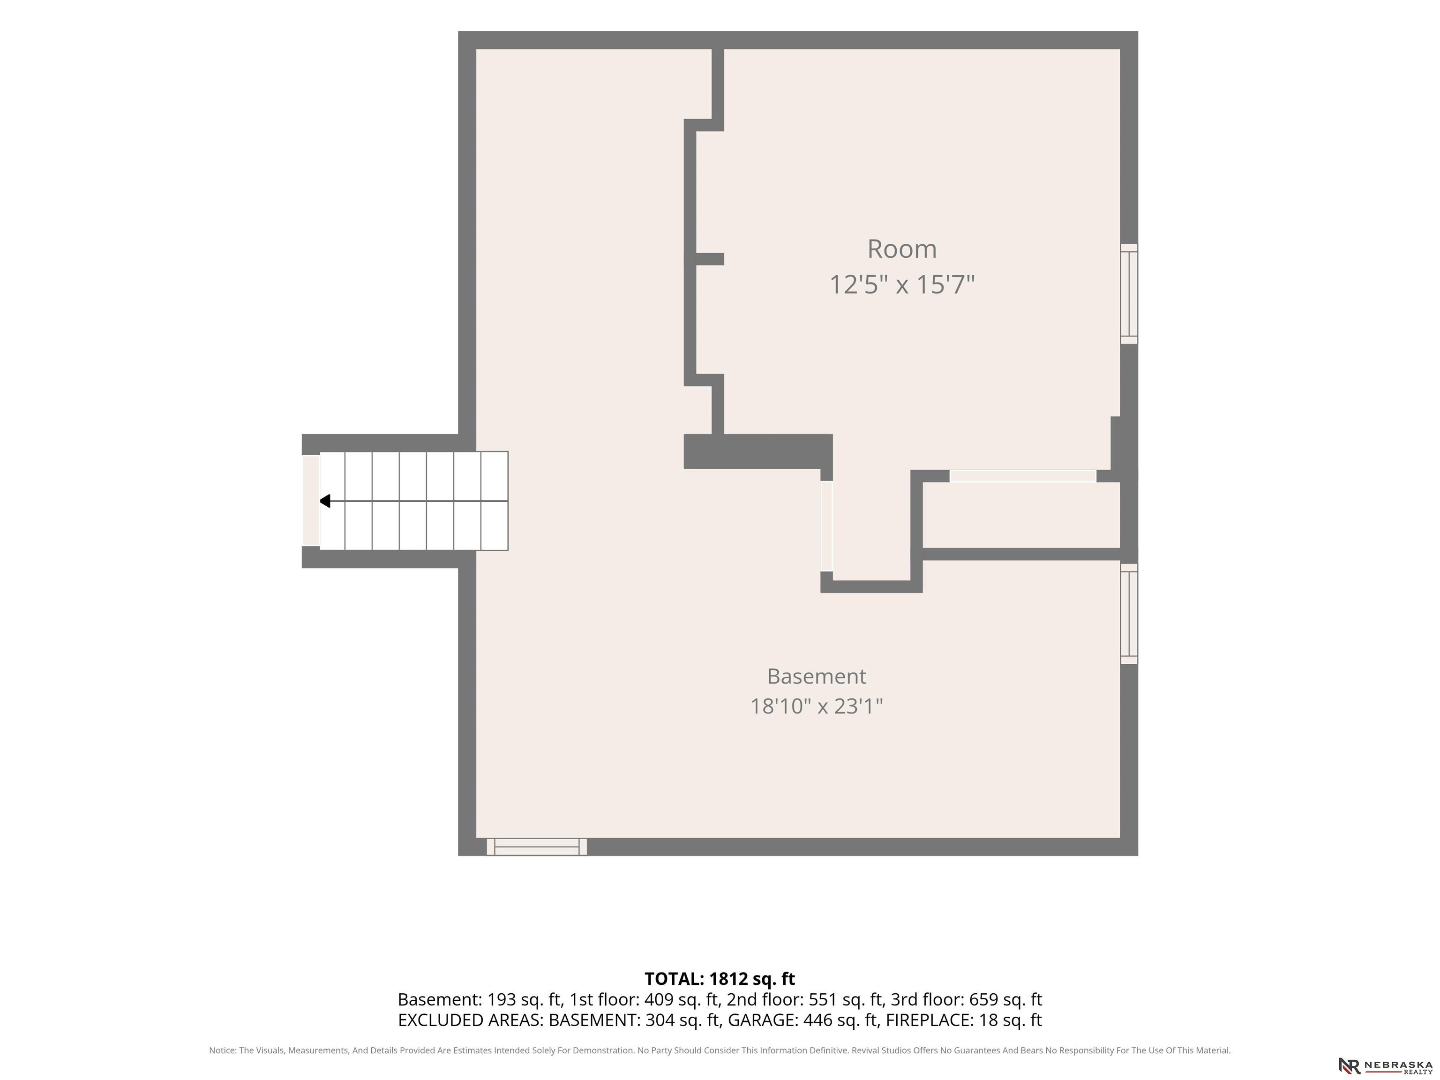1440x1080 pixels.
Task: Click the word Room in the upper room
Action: point(901,249)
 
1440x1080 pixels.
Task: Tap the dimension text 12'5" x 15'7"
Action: point(901,285)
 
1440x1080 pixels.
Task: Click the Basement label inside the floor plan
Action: point(817,676)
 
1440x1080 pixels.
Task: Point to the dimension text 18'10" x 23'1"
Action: point(817,706)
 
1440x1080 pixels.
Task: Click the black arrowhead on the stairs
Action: point(325,501)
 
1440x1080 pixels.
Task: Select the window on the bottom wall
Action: point(536,847)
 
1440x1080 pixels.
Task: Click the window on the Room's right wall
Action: point(1129,293)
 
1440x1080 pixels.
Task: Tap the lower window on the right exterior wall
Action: point(1129,614)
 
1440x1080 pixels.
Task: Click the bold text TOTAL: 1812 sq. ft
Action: point(720,979)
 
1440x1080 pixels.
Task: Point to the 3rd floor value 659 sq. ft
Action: point(1005,999)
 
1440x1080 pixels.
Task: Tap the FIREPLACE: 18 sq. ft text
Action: point(963,1020)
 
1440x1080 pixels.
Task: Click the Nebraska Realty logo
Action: point(1385,1065)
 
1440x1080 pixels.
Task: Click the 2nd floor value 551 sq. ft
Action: point(846,999)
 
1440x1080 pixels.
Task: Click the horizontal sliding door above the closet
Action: point(1023,476)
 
